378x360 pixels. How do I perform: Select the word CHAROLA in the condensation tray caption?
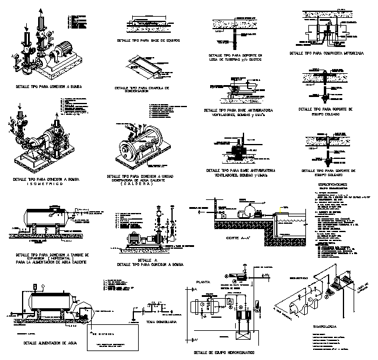[x=157, y=87]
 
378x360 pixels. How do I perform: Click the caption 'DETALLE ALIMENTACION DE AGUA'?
[x=46, y=343]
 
